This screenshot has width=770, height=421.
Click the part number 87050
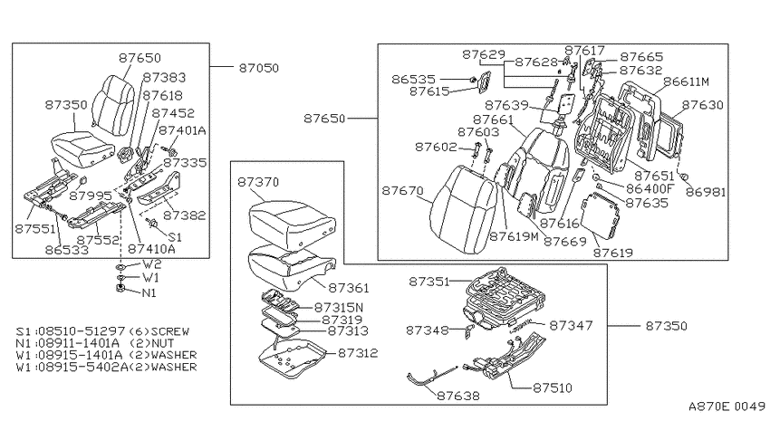click(x=259, y=68)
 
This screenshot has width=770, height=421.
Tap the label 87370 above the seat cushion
click(x=258, y=182)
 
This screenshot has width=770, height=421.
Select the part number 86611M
click(x=686, y=81)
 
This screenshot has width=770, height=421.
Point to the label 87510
click(x=553, y=388)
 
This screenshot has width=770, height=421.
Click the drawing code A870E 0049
click(x=727, y=407)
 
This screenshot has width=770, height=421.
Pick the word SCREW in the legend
click(x=170, y=331)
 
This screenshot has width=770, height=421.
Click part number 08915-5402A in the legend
click(x=81, y=367)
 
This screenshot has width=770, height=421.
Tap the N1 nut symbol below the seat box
click(x=120, y=289)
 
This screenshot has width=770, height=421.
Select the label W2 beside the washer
click(x=152, y=264)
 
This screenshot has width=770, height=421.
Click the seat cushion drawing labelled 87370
click(x=293, y=224)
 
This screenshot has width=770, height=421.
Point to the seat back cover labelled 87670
click(x=462, y=208)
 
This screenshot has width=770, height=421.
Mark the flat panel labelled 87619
click(x=600, y=215)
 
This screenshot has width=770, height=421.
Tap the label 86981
click(x=706, y=192)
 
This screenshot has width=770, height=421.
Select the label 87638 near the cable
click(x=458, y=396)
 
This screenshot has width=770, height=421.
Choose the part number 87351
click(x=429, y=282)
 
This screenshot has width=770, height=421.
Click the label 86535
click(x=413, y=79)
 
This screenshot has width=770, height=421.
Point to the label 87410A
click(x=151, y=249)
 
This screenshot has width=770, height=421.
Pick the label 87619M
click(x=514, y=236)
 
